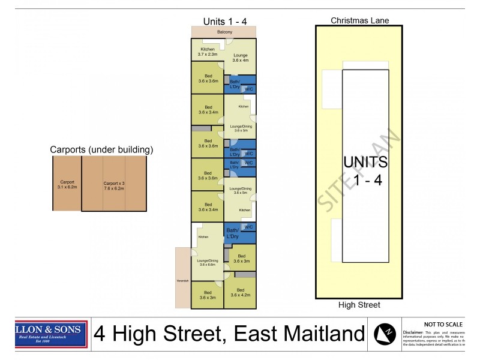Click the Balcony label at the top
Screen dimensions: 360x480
point(223,32)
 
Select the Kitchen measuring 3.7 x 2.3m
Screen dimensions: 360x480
point(208,52)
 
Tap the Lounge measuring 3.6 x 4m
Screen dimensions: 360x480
point(240,57)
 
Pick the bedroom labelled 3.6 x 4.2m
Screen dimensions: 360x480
point(240,292)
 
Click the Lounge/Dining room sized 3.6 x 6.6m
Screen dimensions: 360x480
point(207,262)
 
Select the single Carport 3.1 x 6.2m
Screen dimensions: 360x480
point(67,184)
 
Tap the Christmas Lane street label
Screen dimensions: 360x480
point(359,20)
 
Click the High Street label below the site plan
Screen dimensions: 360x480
point(359,305)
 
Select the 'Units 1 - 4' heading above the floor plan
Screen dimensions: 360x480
point(225,21)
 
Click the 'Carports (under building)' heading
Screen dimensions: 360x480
point(101,149)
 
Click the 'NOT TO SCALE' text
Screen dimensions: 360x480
point(443,324)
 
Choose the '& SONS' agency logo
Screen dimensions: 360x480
point(51,334)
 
